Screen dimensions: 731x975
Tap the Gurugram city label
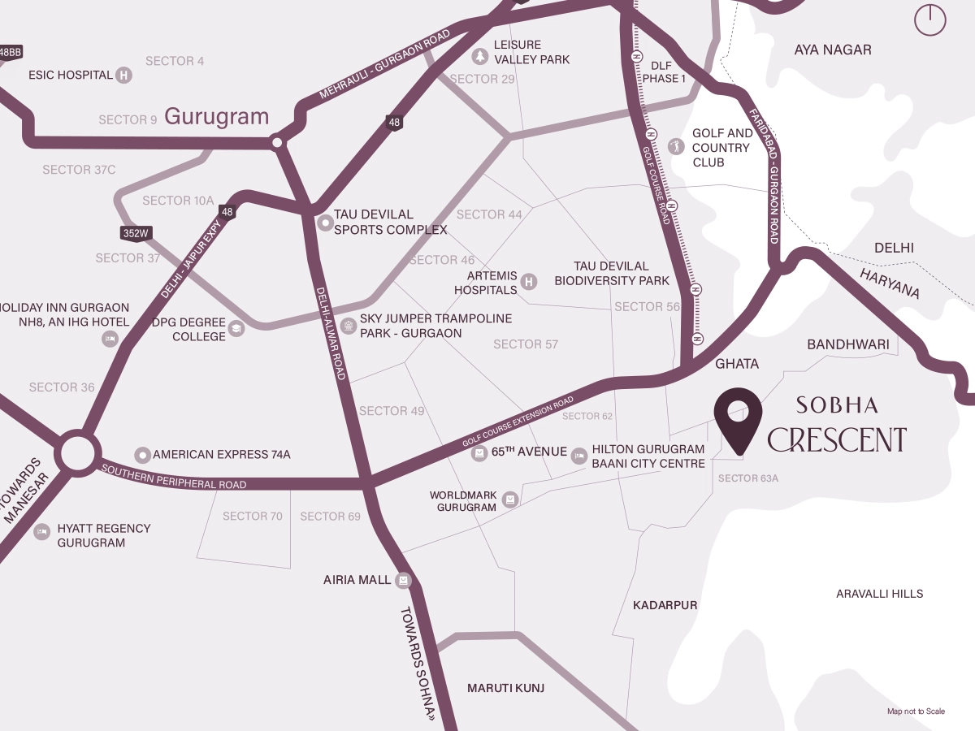click(216, 117)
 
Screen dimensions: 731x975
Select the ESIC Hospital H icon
click(123, 76)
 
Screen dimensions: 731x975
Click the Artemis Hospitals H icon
click(528, 282)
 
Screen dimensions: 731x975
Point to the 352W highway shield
click(136, 233)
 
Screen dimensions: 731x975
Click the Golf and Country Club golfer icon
click(674, 146)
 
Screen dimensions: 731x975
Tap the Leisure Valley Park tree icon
click(479, 56)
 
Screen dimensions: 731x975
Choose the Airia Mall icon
click(403, 580)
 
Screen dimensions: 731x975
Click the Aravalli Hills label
click(879, 594)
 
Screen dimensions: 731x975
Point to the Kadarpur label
click(665, 605)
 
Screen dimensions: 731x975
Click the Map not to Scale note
click(916, 712)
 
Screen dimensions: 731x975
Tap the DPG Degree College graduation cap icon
click(236, 329)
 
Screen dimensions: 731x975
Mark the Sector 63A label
click(747, 478)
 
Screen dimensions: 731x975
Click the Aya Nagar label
click(832, 50)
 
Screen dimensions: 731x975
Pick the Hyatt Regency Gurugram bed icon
click(41, 532)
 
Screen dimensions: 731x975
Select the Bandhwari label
click(848, 345)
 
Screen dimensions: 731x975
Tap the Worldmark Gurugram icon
click(509, 499)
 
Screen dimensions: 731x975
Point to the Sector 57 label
click(526, 344)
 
